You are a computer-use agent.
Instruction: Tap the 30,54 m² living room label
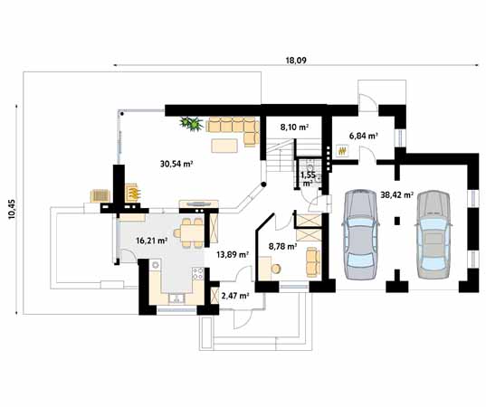pos(177,164)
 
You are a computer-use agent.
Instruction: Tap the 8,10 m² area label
pos(295,128)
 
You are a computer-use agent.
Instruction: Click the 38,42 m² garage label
pos(397,194)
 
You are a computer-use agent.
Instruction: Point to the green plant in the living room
pos(191,123)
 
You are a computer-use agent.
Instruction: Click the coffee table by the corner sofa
pos(225,146)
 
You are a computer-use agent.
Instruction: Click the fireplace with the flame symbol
pos(134,193)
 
